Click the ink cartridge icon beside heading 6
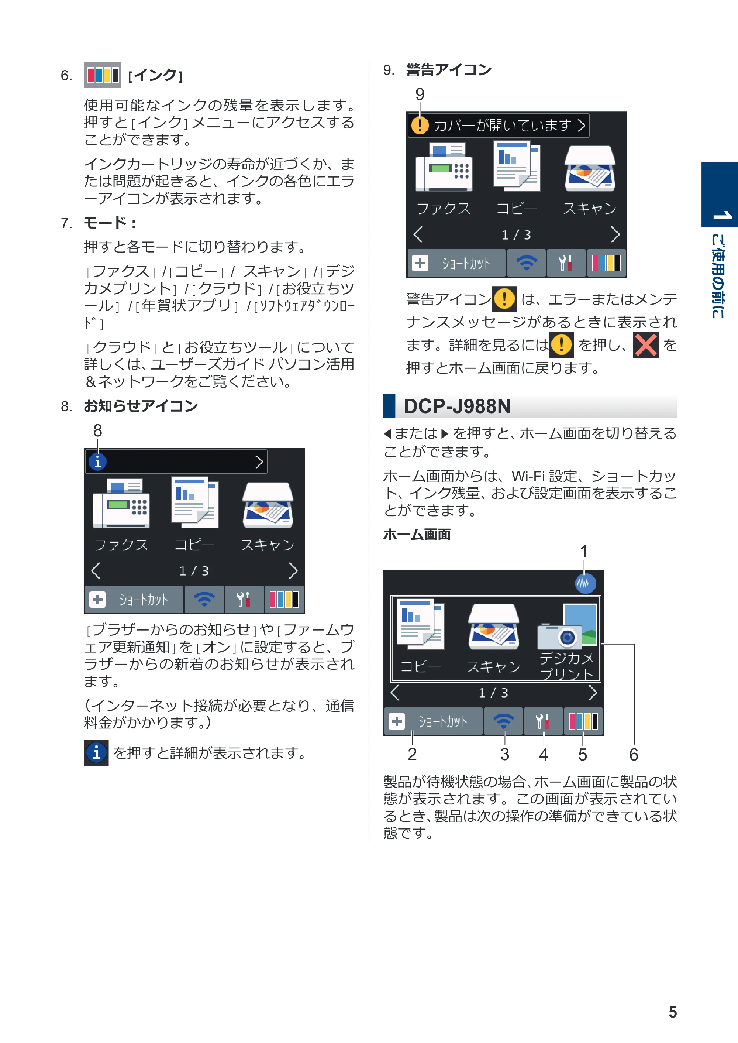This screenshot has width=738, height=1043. (x=102, y=75)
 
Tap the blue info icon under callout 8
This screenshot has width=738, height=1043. (x=98, y=462)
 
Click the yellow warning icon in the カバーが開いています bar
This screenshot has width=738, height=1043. (x=420, y=125)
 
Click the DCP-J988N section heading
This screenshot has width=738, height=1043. (x=457, y=406)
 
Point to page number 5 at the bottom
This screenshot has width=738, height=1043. (x=673, y=1012)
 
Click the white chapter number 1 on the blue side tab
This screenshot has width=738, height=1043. (x=721, y=215)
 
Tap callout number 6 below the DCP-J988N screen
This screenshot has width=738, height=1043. (x=634, y=755)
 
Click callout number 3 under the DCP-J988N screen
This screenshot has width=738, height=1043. (x=504, y=754)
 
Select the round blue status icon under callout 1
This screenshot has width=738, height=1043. (x=585, y=583)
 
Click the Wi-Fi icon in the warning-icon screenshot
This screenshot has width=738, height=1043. (x=526, y=263)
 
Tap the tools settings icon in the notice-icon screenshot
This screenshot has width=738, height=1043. (x=244, y=599)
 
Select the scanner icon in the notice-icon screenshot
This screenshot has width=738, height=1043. (x=268, y=505)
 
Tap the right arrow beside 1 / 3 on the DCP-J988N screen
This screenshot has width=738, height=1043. (x=592, y=693)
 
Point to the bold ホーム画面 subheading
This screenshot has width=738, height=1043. (x=417, y=534)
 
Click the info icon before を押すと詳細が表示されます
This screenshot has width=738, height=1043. (x=96, y=753)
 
